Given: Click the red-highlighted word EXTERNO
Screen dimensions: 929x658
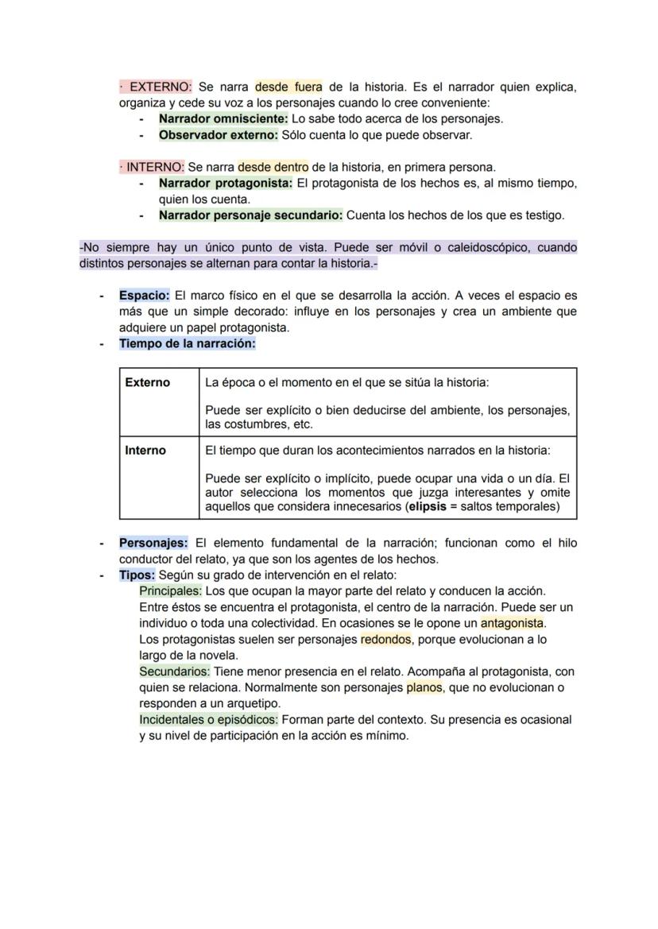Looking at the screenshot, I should coord(160,87).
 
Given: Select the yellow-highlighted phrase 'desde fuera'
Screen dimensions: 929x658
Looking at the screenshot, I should coord(288,87).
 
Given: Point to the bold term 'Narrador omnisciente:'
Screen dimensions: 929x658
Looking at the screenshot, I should coord(223,118).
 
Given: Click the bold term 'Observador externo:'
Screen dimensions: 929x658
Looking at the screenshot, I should coord(219,135).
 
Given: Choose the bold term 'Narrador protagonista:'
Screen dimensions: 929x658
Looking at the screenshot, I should coord(226,184).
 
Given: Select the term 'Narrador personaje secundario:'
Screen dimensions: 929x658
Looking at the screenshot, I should coord(250,215).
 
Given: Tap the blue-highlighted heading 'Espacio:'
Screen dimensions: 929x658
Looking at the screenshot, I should coord(145,296).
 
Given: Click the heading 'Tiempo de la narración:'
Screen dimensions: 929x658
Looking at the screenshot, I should coord(188,344).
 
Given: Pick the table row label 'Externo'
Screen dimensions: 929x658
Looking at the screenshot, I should coord(148,382).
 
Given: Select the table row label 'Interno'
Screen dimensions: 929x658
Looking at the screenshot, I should coord(145,451).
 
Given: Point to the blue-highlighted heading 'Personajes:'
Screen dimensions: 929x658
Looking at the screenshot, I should coord(153,544).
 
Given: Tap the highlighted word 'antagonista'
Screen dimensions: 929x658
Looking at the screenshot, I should coord(512,623).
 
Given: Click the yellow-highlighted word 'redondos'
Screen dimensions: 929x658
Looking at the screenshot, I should coord(385,639).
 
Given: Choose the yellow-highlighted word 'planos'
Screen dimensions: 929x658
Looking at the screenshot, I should coord(424,687).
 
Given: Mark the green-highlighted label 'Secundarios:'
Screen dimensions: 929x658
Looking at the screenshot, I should coord(175,672).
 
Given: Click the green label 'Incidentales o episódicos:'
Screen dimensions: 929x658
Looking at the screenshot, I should coord(208,720).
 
